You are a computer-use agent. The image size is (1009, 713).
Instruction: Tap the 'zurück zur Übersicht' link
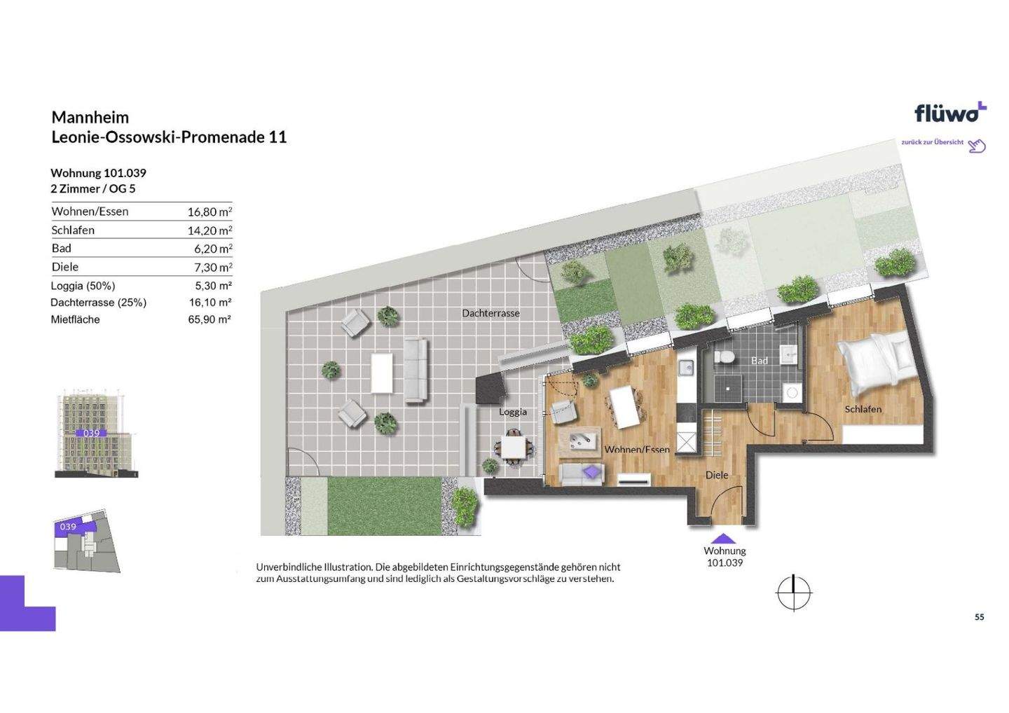[x=932, y=142]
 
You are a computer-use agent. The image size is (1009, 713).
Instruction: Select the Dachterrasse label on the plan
[x=490, y=313]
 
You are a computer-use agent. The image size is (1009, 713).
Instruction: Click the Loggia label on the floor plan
[x=513, y=412]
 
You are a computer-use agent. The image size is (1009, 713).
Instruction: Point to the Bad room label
[x=760, y=361]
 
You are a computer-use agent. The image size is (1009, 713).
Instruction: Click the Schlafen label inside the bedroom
[x=863, y=409]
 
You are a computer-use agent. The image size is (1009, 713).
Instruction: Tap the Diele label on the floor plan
[x=717, y=475]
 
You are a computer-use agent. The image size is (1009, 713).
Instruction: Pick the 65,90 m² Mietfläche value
[x=210, y=319]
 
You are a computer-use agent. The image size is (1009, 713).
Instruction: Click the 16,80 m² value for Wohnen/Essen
[x=210, y=212]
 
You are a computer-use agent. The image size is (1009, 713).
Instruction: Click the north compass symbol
[x=794, y=593]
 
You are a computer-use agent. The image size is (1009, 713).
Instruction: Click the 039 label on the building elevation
[x=91, y=433]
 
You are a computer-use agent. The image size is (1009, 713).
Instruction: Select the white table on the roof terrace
[x=381, y=373]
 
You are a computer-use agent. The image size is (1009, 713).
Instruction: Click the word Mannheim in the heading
[x=90, y=117]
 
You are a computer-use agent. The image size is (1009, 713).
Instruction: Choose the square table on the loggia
[x=513, y=448]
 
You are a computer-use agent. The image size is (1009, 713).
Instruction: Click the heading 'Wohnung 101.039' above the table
[x=98, y=173]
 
